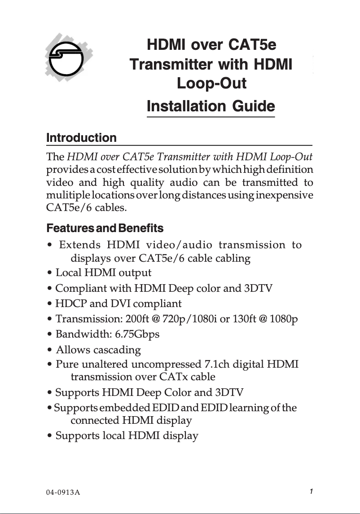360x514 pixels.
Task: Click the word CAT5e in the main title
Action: [x=252, y=45]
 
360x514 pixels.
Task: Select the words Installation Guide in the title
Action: [x=211, y=106]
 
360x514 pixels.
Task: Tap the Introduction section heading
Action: [x=81, y=138]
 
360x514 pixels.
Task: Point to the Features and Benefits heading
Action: [x=105, y=228]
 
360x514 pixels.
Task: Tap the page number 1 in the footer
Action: [x=311, y=491]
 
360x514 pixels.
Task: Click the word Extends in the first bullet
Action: [x=80, y=245]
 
